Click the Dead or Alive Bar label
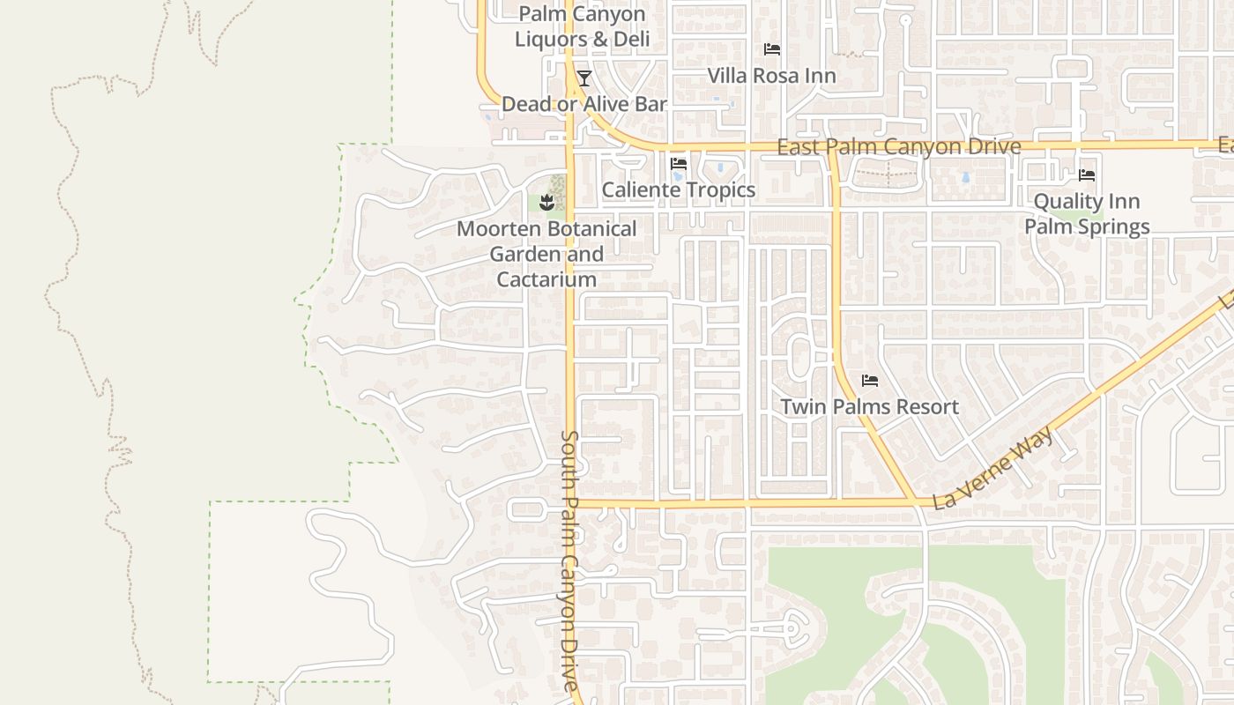(584, 104)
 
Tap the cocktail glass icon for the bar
(584, 78)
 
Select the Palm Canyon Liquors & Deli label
(582, 26)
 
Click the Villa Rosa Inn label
(771, 76)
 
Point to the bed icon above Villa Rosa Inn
(772, 49)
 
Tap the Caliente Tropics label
(678, 189)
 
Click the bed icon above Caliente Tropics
(679, 164)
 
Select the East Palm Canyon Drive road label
(898, 146)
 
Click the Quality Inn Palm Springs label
(1086, 214)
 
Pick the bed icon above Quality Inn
(1087, 175)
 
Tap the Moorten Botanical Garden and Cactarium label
(546, 254)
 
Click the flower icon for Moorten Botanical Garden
(547, 203)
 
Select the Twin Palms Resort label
(869, 406)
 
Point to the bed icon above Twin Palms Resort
(870, 381)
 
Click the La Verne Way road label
(993, 469)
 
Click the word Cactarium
(546, 279)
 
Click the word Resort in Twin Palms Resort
(927, 406)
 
